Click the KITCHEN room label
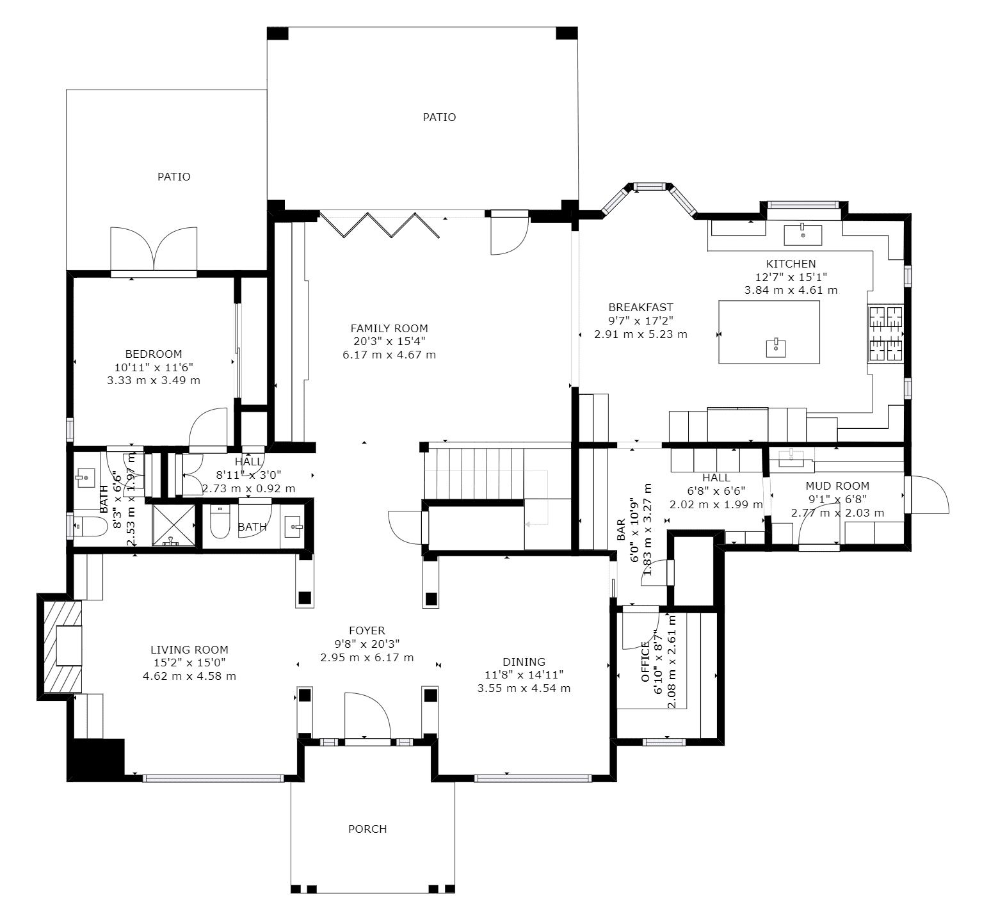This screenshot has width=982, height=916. (791, 264)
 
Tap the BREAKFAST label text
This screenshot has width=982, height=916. (640, 307)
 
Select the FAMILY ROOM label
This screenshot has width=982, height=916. (389, 328)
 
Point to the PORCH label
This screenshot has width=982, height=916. (367, 829)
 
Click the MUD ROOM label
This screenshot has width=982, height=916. (837, 486)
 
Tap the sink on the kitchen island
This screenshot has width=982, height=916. (775, 348)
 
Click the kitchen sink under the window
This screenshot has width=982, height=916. (803, 234)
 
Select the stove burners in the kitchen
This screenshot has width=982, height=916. (885, 333)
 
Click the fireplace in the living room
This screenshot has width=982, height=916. (63, 646)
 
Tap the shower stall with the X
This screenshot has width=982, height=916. (173, 525)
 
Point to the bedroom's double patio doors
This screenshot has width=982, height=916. (154, 250)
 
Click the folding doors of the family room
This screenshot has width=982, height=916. (379, 225)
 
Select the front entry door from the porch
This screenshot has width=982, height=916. (367, 717)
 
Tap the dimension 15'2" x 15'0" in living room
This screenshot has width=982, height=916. (189, 663)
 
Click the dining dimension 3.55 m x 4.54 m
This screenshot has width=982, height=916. (524, 688)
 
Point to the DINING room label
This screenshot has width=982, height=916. (524, 662)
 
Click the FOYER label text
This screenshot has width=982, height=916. (367, 631)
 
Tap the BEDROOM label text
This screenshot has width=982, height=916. (154, 354)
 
